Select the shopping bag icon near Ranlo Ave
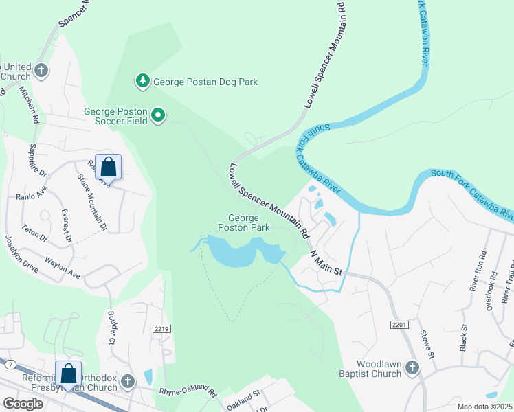tap(108, 167)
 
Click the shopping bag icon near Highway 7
tap(69, 374)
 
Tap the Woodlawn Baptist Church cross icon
tap(412, 368)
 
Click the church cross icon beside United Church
tap(41, 71)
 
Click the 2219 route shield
tap(161, 330)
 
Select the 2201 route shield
tap(399, 323)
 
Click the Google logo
tap(23, 403)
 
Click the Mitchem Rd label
tap(29, 104)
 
